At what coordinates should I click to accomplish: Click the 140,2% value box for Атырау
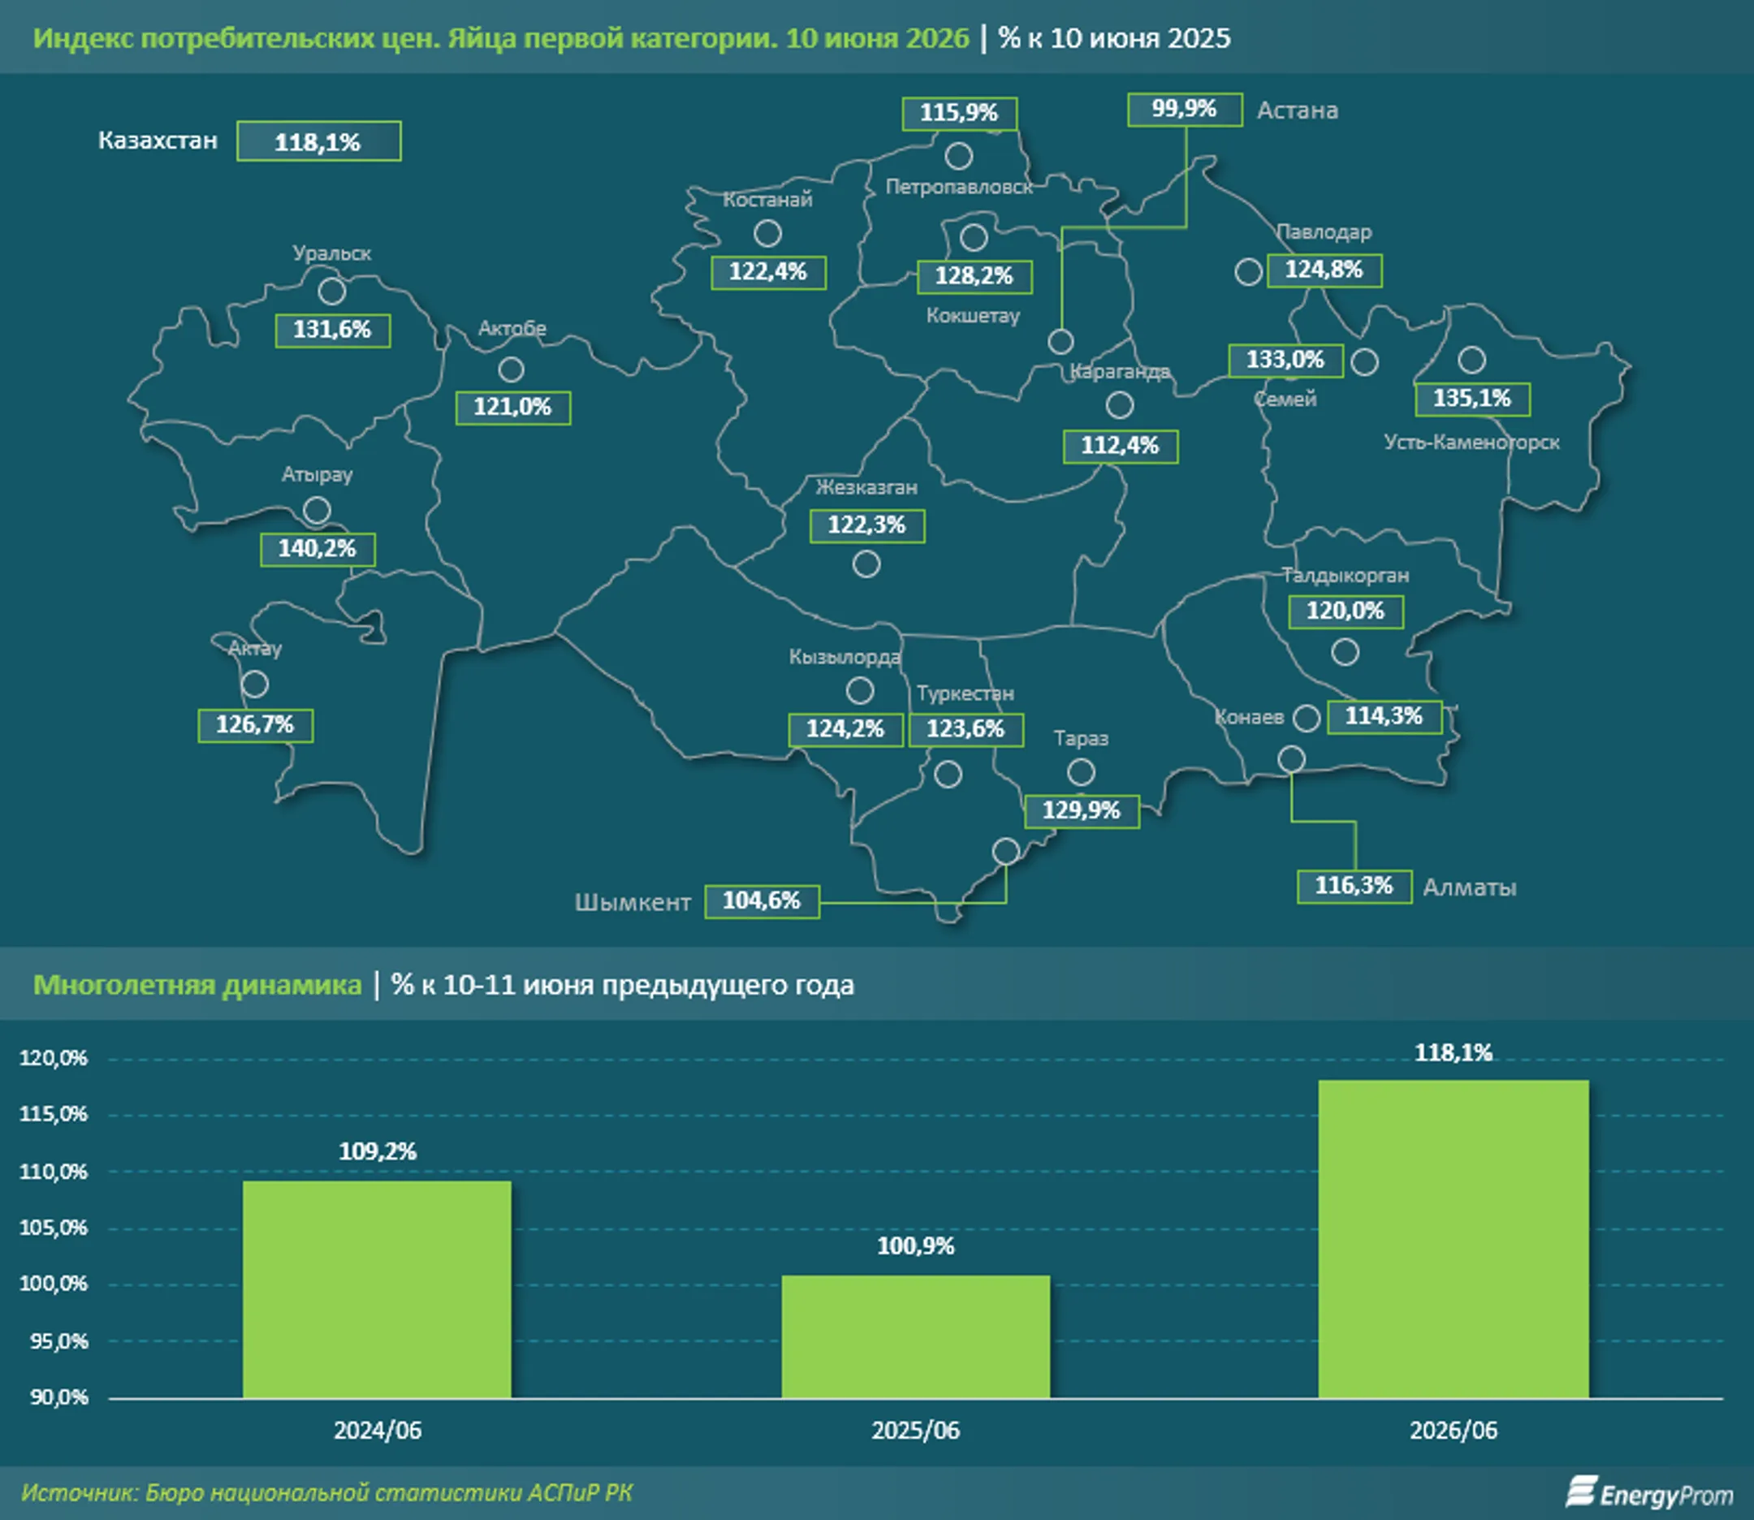pyautogui.click(x=318, y=549)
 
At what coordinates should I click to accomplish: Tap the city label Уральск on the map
pyautogui.click(x=331, y=253)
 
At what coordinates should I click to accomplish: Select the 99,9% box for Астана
pyautogui.click(x=1185, y=110)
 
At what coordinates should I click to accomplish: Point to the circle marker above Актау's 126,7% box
pyautogui.click(x=254, y=684)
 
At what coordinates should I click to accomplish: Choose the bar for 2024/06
pyautogui.click(x=377, y=1289)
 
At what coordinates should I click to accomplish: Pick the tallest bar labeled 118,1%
pyautogui.click(x=1453, y=1238)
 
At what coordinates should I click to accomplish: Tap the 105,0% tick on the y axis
pyautogui.click(x=53, y=1228)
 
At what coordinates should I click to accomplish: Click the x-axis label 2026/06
pyautogui.click(x=1453, y=1430)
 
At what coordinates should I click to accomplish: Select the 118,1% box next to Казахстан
pyautogui.click(x=318, y=141)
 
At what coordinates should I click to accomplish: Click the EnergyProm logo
pyautogui.click(x=1648, y=1493)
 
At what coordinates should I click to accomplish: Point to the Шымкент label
pyautogui.click(x=632, y=901)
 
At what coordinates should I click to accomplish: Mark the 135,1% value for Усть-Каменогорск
pyautogui.click(x=1471, y=399)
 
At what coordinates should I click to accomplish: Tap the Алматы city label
pyautogui.click(x=1469, y=887)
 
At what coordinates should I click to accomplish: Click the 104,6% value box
pyautogui.click(x=762, y=900)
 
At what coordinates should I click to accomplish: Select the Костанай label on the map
pyautogui.click(x=767, y=199)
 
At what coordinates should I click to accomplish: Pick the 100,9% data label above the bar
pyautogui.click(x=915, y=1246)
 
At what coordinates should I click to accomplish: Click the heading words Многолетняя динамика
pyautogui.click(x=197, y=985)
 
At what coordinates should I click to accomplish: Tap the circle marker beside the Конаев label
pyautogui.click(x=1307, y=718)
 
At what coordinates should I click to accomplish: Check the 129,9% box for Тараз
pyautogui.click(x=1082, y=811)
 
